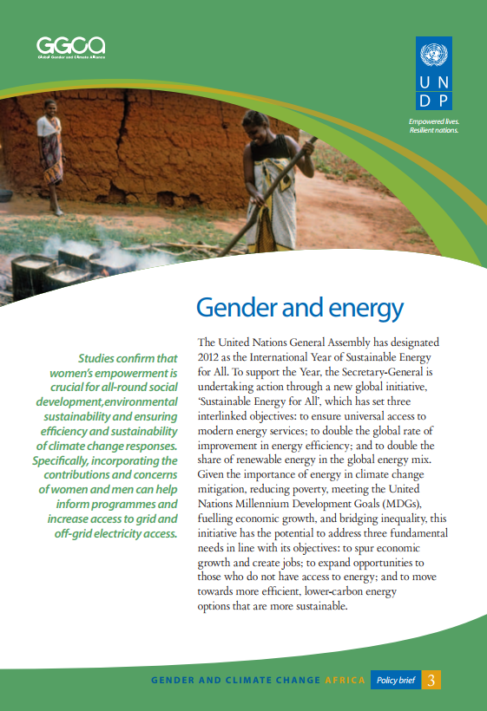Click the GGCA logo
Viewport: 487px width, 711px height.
(70, 45)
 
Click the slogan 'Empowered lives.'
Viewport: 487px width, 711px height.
(434, 122)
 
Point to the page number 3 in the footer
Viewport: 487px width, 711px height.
(431, 681)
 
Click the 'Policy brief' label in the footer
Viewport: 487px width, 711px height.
(395, 681)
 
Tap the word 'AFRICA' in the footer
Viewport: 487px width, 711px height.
(345, 681)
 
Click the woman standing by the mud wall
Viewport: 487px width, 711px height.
(49, 156)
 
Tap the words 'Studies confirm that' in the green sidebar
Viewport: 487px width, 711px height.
(128, 358)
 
